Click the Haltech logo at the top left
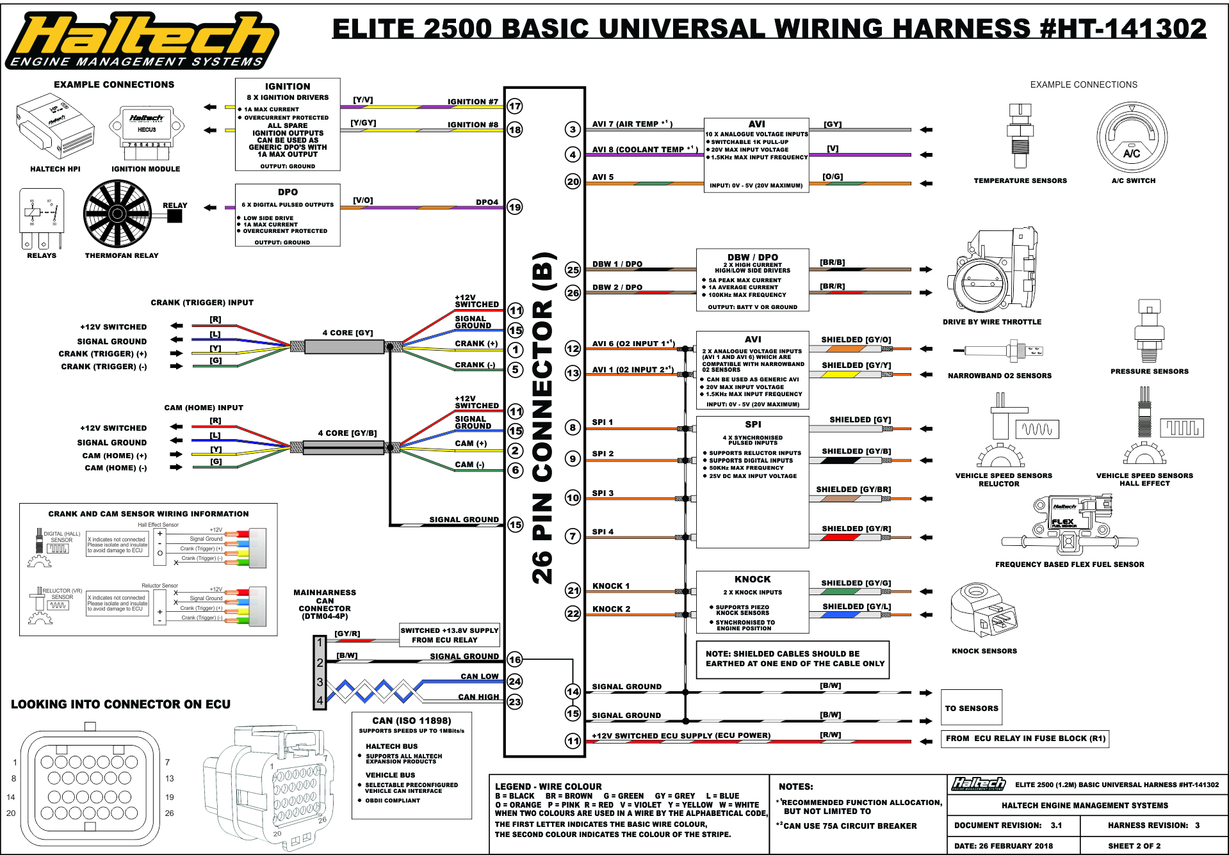click(x=142, y=40)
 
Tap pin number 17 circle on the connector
click(x=515, y=106)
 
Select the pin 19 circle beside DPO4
click(x=515, y=207)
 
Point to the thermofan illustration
click(x=118, y=213)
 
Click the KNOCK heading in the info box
click(x=753, y=579)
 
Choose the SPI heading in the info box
click(x=753, y=424)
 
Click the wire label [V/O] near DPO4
click(x=363, y=200)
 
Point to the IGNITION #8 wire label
click(x=473, y=125)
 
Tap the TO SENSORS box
click(x=971, y=708)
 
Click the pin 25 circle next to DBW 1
click(x=573, y=269)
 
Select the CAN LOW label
click(x=479, y=676)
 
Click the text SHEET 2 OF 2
click(x=1134, y=845)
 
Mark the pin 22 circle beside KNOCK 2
click(x=573, y=613)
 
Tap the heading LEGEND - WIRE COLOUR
click(x=548, y=787)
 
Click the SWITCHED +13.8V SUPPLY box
click(x=449, y=635)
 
